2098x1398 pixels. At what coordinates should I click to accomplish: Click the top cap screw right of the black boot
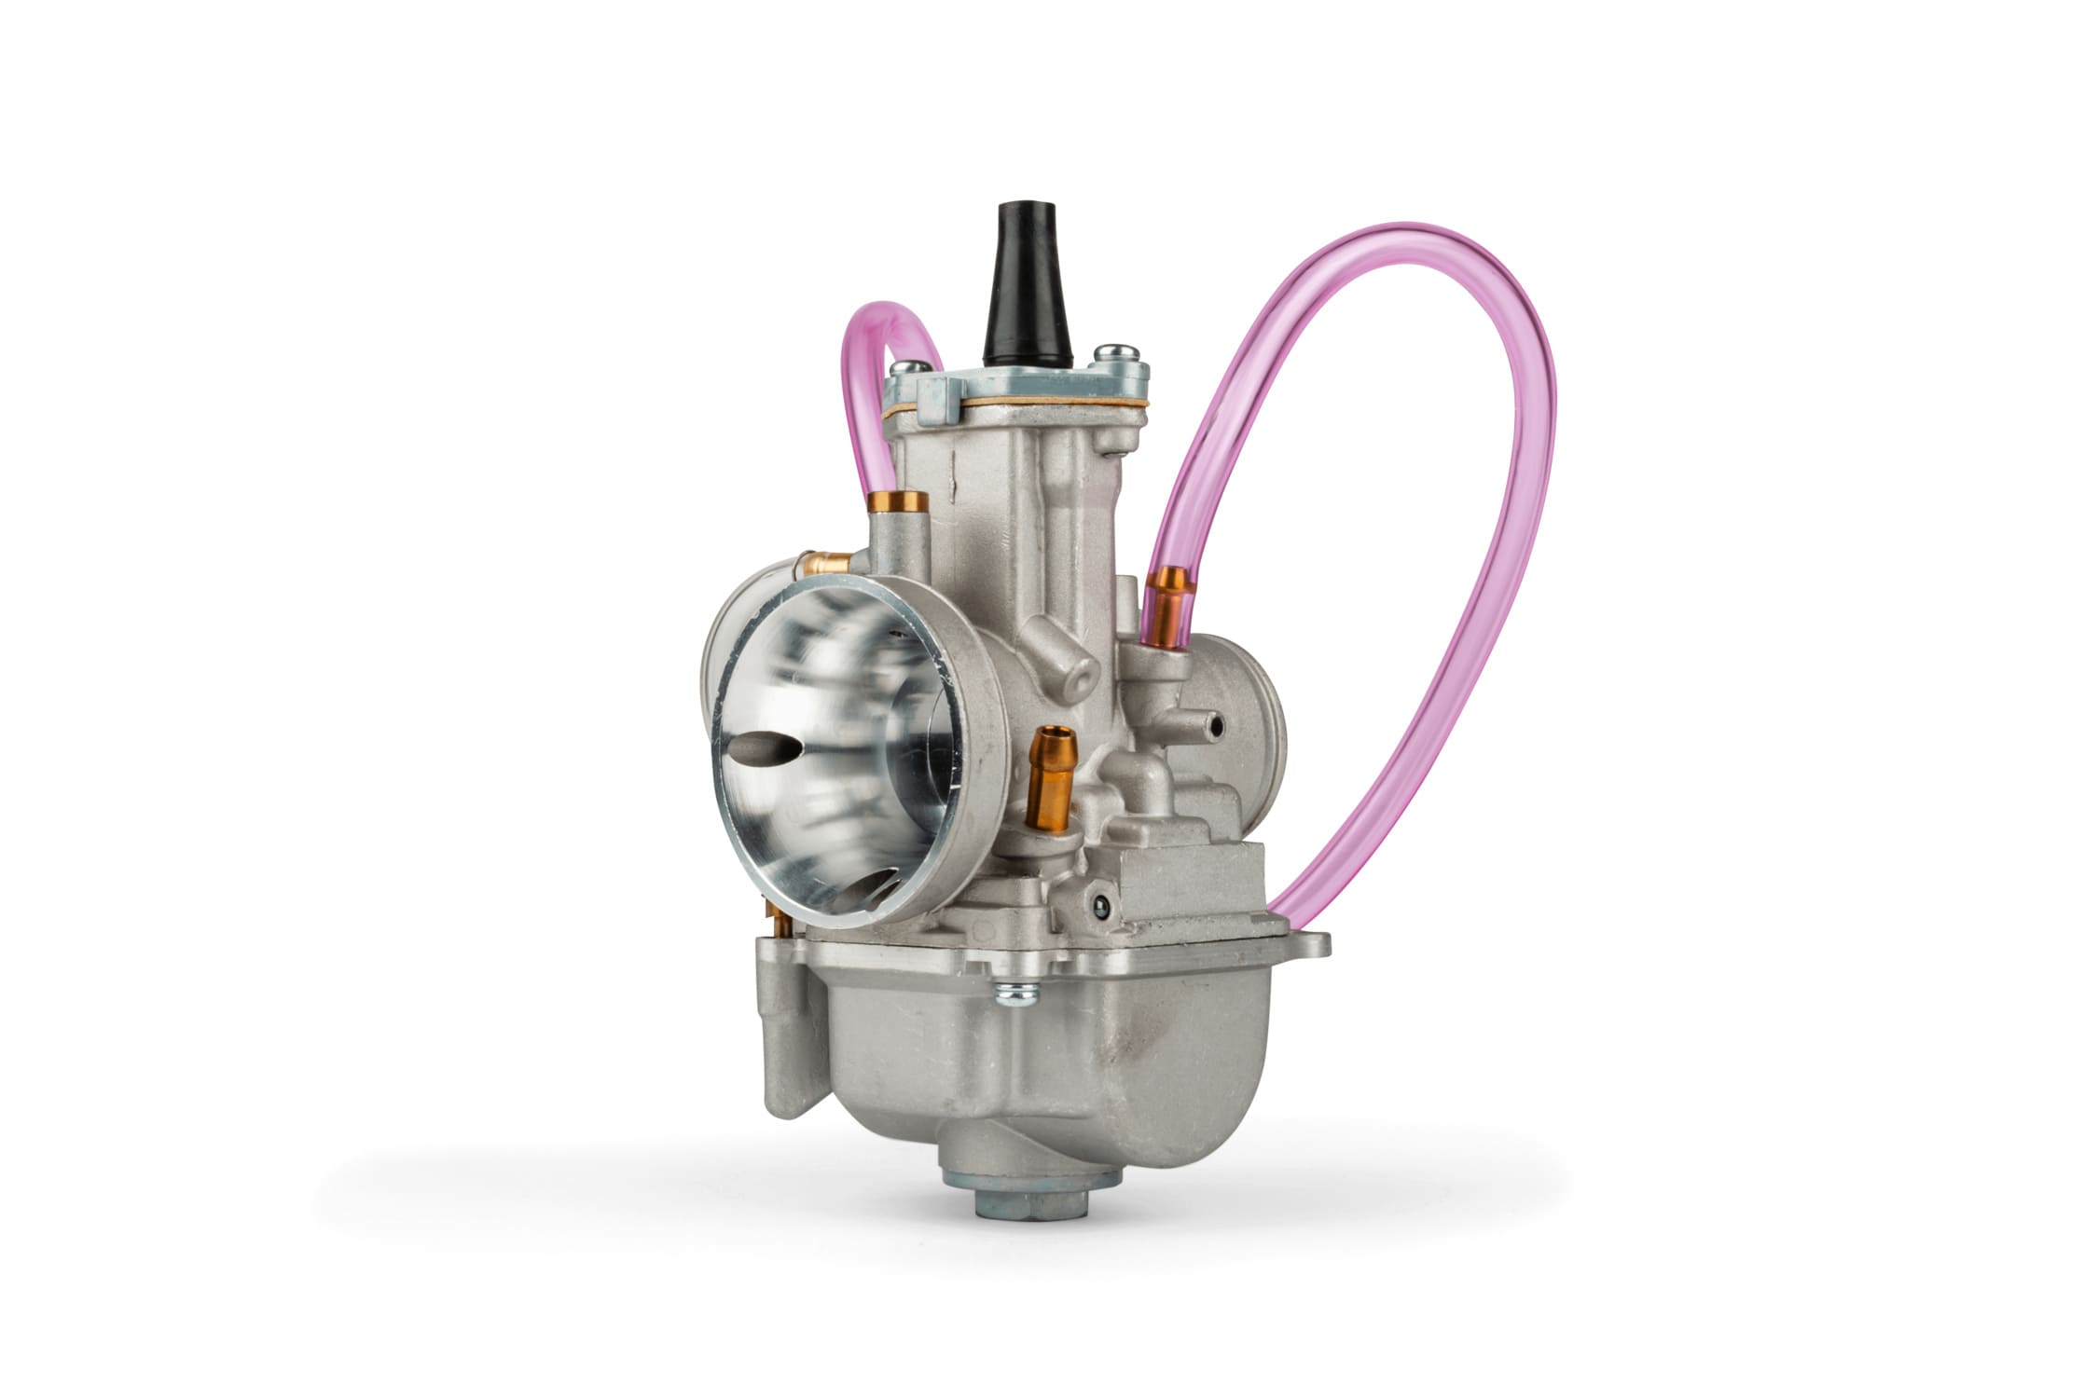[1112, 354]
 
